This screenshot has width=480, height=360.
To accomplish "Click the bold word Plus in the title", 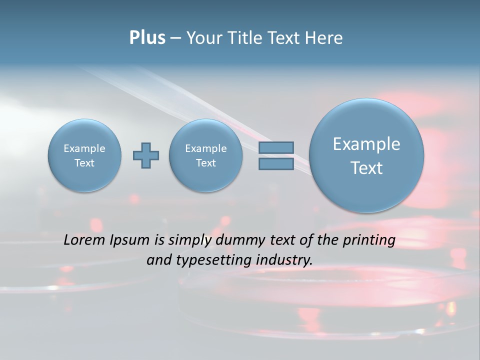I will (147, 38).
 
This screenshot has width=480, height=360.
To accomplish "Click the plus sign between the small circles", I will (146, 155).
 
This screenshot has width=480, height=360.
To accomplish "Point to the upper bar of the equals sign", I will (276, 147).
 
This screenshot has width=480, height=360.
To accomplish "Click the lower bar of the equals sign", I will (276, 164).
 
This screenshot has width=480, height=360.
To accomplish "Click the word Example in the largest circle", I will (366, 144).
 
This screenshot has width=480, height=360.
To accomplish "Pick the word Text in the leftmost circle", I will (84, 163).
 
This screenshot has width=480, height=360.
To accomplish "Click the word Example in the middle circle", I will (206, 148).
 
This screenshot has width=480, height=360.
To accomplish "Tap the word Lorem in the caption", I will (85, 240).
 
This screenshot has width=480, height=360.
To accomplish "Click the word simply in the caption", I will (189, 240).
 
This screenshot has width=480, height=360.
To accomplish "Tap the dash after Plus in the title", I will (175, 38).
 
